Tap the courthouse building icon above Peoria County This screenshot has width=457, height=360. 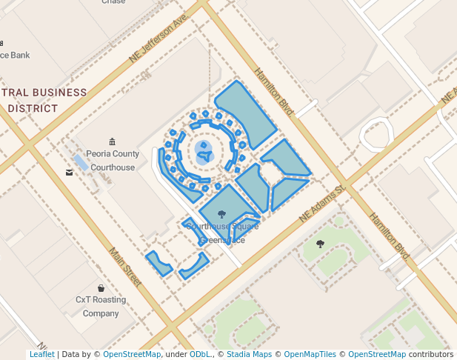[112, 141]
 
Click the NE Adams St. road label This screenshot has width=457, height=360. [323, 204]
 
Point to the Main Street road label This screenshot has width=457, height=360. [125, 267]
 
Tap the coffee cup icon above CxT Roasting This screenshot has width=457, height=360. [101, 287]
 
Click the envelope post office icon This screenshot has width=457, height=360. [70, 173]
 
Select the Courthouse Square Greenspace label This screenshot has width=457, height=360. [213, 233]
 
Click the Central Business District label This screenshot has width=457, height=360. [44, 100]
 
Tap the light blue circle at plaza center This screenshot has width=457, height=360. [204, 153]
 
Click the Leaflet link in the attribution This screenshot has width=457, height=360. [41, 355]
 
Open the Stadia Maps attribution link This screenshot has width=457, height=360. [249, 355]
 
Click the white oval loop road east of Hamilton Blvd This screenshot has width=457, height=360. [376, 133]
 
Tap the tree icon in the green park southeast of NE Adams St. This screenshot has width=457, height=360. [320, 243]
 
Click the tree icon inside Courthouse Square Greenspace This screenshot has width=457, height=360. [221, 214]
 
